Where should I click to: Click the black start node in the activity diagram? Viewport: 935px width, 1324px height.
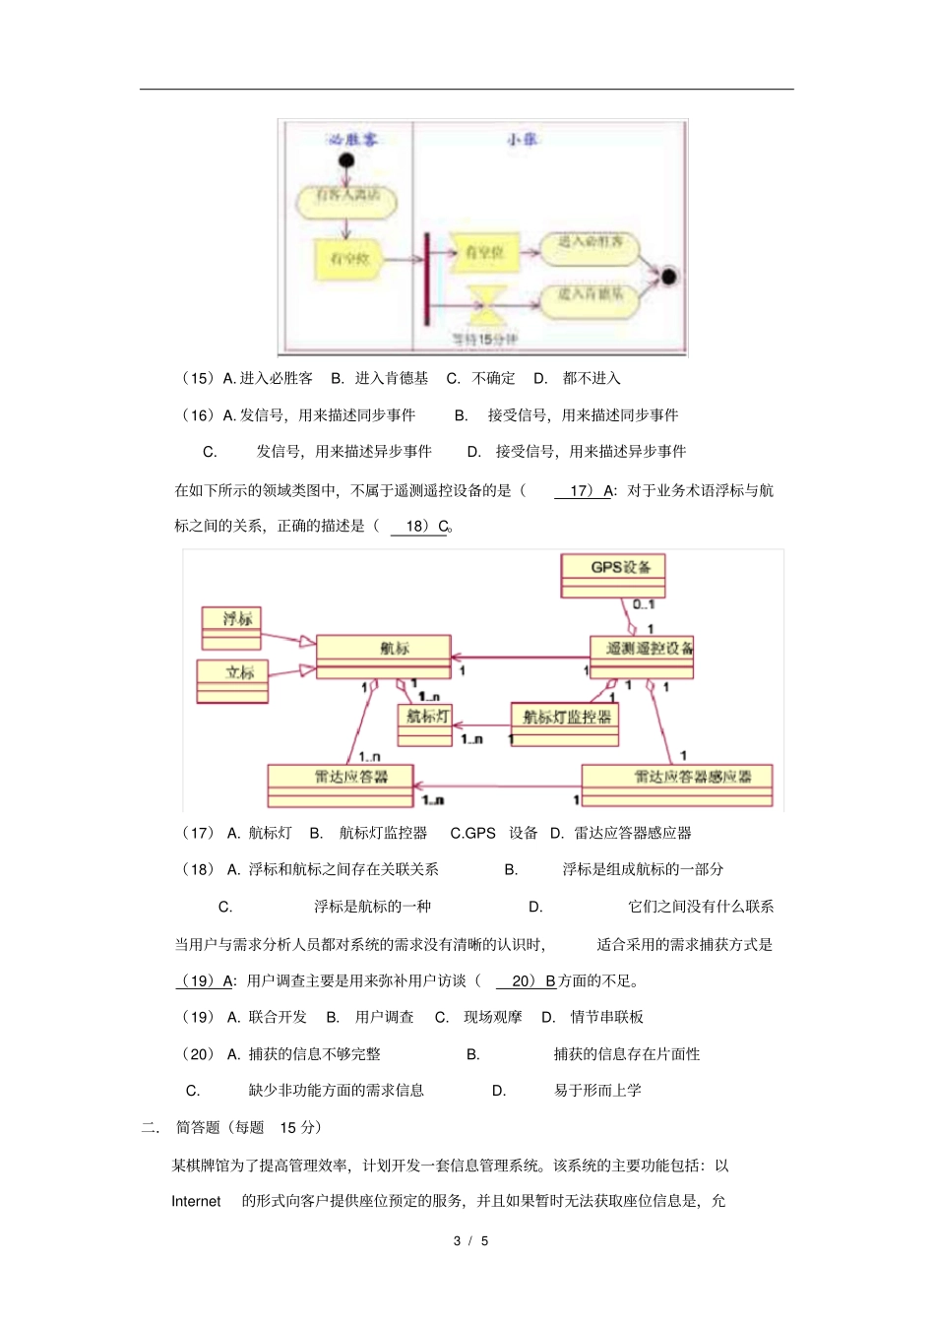tap(345, 160)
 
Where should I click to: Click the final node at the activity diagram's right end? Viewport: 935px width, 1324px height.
tap(669, 277)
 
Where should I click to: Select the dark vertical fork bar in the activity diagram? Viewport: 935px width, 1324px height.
tap(426, 279)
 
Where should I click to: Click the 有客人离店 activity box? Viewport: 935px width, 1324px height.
tap(346, 198)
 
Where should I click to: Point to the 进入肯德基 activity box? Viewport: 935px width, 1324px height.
tap(591, 296)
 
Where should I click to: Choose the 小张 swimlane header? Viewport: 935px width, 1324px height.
tap(523, 140)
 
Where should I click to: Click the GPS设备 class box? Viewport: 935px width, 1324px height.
tap(613, 574)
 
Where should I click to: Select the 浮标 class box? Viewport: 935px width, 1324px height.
tap(232, 627)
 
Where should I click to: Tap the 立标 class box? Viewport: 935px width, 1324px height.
tap(232, 680)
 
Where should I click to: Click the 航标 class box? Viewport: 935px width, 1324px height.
tap(384, 656)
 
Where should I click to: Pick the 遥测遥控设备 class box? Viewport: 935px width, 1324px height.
tap(643, 656)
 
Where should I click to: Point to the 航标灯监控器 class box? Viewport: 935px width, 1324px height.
tap(565, 724)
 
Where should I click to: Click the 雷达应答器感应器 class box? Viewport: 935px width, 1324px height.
tap(677, 785)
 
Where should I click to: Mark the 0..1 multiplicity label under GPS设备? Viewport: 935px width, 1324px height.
tap(644, 604)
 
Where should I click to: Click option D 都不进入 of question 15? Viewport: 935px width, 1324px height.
tap(591, 378)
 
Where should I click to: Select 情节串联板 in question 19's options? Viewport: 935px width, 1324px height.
tap(606, 1017)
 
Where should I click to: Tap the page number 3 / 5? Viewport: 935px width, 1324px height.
tap(470, 1240)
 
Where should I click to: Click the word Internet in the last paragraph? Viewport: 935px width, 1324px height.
tap(196, 1201)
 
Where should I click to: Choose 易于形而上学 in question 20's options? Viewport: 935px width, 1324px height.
tap(597, 1090)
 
